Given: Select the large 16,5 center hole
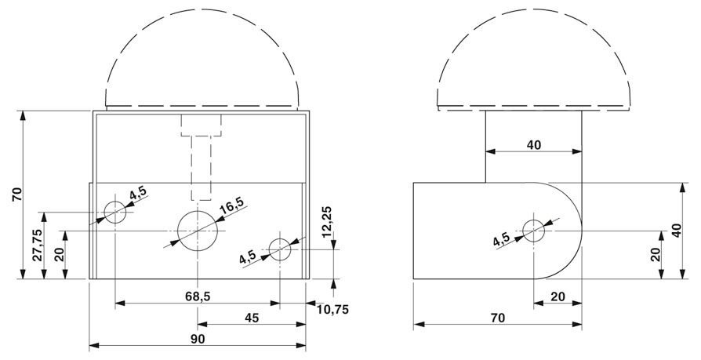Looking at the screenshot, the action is pyautogui.click(x=198, y=231).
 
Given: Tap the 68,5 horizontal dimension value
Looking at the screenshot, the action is pyautogui.click(x=198, y=296).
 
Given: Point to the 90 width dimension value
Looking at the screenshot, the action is pyautogui.click(x=198, y=339).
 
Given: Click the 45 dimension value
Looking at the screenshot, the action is pyautogui.click(x=252, y=318).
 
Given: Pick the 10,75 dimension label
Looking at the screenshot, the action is pyautogui.click(x=332, y=309).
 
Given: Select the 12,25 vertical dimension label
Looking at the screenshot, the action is pyautogui.click(x=327, y=221).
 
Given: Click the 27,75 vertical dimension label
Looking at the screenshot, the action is pyautogui.click(x=38, y=245).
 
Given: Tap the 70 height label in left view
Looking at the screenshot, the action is pyautogui.click(x=17, y=195).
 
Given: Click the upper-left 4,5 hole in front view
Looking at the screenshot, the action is pyautogui.click(x=115, y=212).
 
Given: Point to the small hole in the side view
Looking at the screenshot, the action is pyautogui.click(x=533, y=231).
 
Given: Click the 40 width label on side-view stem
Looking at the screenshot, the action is pyautogui.click(x=534, y=145).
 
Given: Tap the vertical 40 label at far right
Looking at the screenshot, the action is pyautogui.click(x=677, y=231).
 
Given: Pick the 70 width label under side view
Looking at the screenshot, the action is pyautogui.click(x=498, y=318).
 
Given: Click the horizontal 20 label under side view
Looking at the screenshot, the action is pyautogui.click(x=558, y=296).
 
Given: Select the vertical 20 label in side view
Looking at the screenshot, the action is pyautogui.click(x=656, y=254).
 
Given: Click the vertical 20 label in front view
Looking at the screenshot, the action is pyautogui.click(x=60, y=254).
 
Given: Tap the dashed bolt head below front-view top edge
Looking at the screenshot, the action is pyautogui.click(x=201, y=125).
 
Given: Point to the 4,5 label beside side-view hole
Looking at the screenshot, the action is pyautogui.click(x=501, y=240).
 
